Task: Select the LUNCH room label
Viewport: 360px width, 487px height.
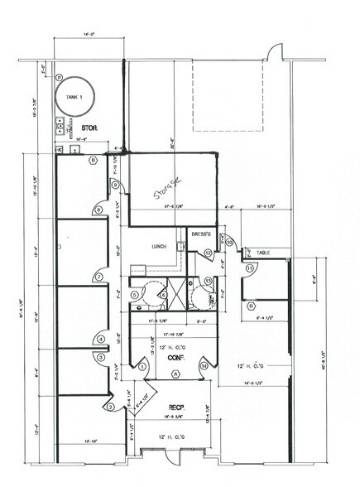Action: coord(160,246)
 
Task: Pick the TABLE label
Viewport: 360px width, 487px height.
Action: coord(262,253)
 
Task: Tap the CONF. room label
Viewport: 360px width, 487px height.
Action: coord(175,359)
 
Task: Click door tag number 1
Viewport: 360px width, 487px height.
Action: coord(142,366)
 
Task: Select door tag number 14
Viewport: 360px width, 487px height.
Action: coord(204,366)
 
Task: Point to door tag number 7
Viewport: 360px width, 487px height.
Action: coord(98,277)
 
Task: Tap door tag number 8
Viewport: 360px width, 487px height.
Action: coord(98,210)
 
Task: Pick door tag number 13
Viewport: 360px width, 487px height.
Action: coord(208,282)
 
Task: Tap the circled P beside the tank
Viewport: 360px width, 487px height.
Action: coord(60,76)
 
